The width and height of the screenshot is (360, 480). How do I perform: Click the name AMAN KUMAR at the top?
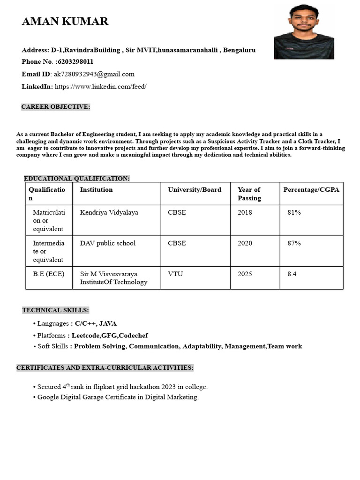pos(65,22)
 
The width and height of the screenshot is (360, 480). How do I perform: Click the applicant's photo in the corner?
pos(304,32)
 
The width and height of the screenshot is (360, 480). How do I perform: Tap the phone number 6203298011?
pos(75,62)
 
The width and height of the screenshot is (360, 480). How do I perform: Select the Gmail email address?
pos(94,74)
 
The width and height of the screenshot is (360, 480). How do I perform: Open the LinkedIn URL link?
pos(101,87)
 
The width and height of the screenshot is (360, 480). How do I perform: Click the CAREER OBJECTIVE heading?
pos(55,107)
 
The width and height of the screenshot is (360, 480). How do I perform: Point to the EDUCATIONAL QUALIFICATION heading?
pos(77,179)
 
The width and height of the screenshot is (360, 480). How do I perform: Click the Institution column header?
pos(97,190)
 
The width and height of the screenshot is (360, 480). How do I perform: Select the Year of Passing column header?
pos(249,194)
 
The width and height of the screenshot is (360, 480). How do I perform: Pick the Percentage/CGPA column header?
pos(311,190)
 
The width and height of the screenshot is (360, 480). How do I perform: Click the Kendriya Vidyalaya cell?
pos(109,212)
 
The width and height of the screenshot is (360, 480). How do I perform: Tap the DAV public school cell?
pos(108,243)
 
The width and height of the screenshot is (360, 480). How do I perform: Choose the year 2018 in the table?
pos(245,212)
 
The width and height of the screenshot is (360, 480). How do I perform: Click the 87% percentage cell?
pos(294,243)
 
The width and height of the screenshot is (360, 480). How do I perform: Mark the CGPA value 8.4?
pos(292,274)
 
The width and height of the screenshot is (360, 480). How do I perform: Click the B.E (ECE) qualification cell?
pos(49,274)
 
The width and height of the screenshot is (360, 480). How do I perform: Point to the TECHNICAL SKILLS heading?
pos(55,310)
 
